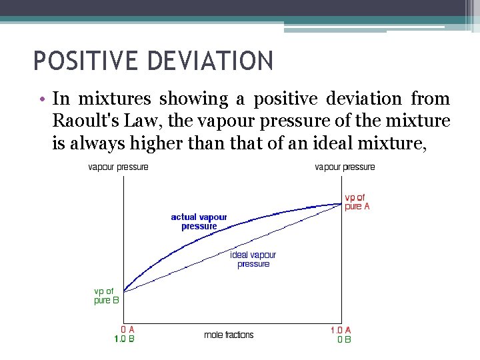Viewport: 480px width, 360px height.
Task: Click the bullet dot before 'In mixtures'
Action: (42, 100)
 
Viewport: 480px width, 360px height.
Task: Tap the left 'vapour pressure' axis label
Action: (118, 167)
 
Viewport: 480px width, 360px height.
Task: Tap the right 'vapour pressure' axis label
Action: (345, 167)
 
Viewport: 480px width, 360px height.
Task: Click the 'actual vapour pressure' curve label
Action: (199, 221)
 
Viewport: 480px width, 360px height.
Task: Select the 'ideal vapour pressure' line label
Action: (253, 259)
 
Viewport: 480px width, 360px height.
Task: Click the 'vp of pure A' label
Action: (357, 202)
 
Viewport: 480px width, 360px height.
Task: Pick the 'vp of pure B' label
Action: (107, 295)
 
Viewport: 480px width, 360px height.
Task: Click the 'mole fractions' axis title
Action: (229, 335)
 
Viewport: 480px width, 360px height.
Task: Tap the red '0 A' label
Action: (127, 329)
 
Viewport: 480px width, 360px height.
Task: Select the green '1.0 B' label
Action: (125, 339)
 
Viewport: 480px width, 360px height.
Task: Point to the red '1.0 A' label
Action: (341, 329)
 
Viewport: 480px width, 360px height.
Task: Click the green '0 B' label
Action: (344, 339)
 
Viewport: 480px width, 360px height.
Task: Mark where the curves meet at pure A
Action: (341, 203)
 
